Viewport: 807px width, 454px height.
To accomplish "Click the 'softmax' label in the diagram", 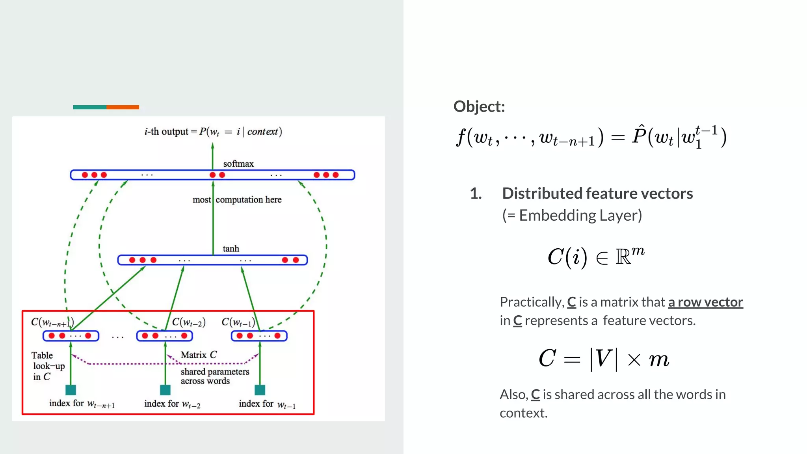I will pos(238,164).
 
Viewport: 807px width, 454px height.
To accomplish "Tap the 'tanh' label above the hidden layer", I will pos(231,249).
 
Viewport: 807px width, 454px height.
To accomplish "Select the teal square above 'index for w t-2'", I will pos(165,390).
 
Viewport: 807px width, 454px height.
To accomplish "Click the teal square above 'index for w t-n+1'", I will pos(71,390).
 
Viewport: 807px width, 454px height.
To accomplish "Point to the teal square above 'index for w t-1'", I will pos(260,390).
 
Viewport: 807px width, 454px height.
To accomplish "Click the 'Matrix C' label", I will pos(199,355).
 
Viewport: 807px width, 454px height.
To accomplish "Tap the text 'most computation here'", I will pos(237,200).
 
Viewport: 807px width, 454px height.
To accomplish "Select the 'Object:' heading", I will pos(479,106).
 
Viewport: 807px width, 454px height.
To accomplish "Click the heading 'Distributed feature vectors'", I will pos(597,194).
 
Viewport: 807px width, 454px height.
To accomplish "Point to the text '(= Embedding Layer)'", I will pos(572,215).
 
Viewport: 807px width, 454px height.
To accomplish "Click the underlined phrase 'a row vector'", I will pos(705,302).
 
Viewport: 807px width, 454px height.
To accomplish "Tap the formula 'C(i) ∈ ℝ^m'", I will pos(595,257).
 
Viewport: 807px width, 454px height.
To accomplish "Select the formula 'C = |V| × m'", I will pos(604,359).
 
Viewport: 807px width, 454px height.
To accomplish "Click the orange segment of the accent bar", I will pos(123,107).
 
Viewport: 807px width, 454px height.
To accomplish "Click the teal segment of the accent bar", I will pos(89,107).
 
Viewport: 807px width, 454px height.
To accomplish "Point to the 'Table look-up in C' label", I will pos(48,366).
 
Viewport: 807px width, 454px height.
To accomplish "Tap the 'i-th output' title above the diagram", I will pos(213,132).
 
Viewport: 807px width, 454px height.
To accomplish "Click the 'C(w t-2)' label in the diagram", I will pos(189,322).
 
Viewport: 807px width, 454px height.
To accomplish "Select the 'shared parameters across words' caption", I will pos(215,376).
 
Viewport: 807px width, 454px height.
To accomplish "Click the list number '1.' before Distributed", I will pos(476,194).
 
